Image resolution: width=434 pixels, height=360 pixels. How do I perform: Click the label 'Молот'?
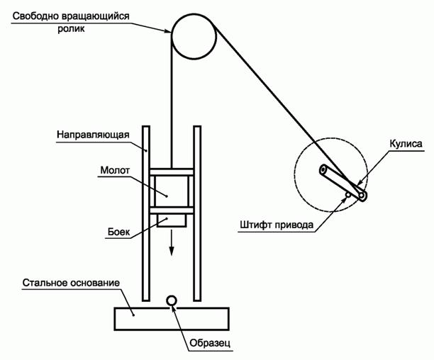tap(115, 170)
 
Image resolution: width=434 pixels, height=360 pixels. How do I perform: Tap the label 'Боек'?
tap(118, 232)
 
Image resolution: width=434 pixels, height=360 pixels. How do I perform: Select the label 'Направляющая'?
tap(93, 135)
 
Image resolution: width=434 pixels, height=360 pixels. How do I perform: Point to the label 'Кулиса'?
tap(406, 144)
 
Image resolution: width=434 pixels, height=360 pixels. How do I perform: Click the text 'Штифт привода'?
tap(277, 225)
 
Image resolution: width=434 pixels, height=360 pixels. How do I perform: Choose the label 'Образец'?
tap(210, 343)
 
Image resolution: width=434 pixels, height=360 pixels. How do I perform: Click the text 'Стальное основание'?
tap(71, 283)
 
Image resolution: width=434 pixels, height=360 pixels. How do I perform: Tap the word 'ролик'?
tap(71, 29)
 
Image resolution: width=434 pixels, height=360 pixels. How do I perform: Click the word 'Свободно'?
tap(35, 16)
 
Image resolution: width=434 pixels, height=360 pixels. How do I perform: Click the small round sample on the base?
tap(172, 300)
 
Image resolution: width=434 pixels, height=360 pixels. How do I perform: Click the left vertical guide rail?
tap(146, 213)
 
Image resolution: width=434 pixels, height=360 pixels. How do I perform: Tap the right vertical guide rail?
tap(197, 213)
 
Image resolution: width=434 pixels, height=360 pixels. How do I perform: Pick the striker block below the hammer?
tap(172, 220)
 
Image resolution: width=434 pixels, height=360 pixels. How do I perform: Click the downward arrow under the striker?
tap(172, 242)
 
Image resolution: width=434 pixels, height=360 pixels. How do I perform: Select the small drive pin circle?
tap(348, 195)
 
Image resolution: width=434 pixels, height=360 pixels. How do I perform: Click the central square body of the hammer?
tap(172, 191)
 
